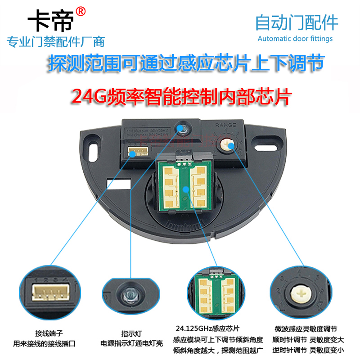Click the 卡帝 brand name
tap(50, 21)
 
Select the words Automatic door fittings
tap(295, 39)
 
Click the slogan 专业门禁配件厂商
tap(56, 42)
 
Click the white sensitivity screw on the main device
tap(227, 144)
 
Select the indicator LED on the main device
tap(182, 129)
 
